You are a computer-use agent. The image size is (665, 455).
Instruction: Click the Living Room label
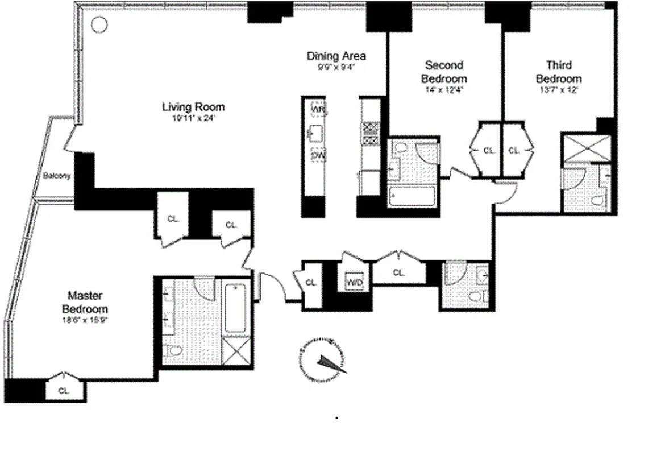point(193,107)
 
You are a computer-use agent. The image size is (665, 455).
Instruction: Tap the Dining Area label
point(336,56)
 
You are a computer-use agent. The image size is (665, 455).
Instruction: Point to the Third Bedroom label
point(559,72)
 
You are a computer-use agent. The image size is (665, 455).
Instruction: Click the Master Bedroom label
point(85,302)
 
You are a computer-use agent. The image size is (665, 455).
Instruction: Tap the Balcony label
point(57,176)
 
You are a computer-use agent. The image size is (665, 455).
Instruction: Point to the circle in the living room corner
point(99,24)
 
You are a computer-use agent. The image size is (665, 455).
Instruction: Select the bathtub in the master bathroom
point(235,308)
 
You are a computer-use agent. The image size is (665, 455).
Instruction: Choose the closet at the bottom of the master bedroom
point(64,390)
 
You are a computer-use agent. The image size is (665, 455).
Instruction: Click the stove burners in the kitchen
point(371,132)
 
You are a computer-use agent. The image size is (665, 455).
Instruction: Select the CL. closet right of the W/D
point(399,272)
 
